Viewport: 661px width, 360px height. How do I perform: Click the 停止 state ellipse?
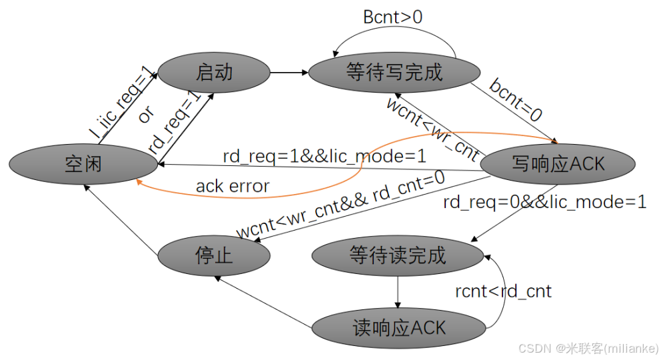click(214, 255)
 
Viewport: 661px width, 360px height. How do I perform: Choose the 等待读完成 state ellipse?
click(397, 255)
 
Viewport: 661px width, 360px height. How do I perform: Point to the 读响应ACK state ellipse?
click(398, 327)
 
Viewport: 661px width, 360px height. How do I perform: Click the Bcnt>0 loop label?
click(393, 17)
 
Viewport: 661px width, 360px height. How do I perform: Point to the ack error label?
click(233, 186)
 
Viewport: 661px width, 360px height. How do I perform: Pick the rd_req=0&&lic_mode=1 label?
click(544, 202)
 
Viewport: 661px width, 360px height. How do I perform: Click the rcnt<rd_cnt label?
click(504, 291)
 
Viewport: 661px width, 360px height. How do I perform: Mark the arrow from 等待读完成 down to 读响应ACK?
click(398, 291)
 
